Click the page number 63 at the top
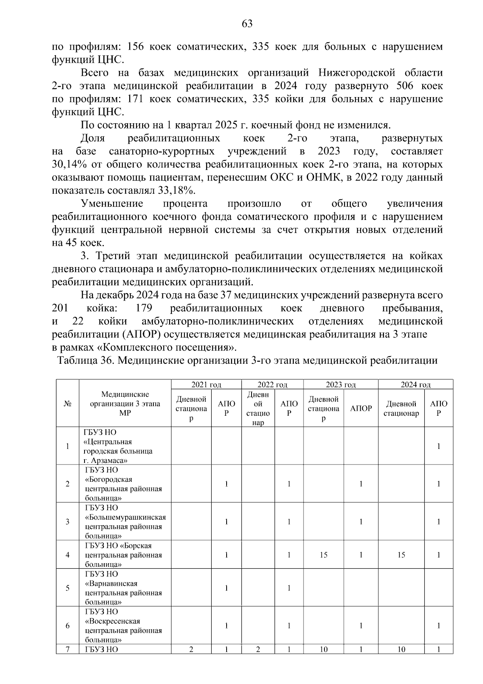pyautogui.click(x=247, y=24)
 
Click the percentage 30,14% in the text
pyautogui.click(x=68, y=165)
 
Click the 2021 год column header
pyautogui.click(x=206, y=385)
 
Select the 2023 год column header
pyautogui.click(x=341, y=385)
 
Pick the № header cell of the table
pyautogui.click(x=67, y=404)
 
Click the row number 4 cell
pyautogui.click(x=67, y=555)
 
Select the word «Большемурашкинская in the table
pyautogui.click(x=126, y=517)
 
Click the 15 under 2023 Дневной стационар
pyautogui.click(x=324, y=555)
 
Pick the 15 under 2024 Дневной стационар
pyautogui.click(x=401, y=555)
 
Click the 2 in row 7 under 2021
pyautogui.click(x=191, y=649)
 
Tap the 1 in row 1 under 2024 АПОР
pyautogui.click(x=439, y=446)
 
